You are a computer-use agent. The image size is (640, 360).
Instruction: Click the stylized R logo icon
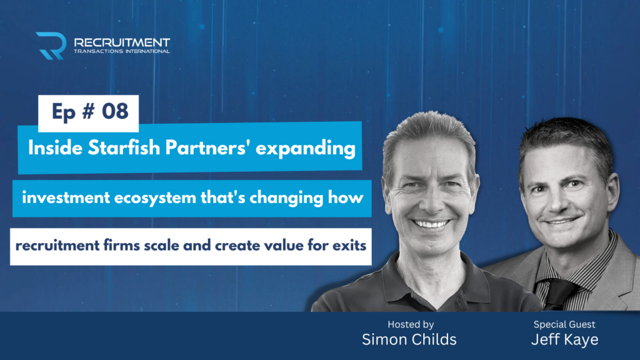51,46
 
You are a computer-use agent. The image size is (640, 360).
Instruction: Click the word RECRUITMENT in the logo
122,42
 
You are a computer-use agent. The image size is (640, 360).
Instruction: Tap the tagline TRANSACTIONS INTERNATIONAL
122,51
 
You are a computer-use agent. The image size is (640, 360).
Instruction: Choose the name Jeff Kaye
564,339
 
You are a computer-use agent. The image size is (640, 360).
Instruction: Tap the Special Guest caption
564,325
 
